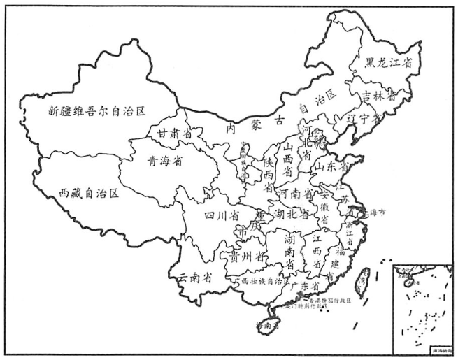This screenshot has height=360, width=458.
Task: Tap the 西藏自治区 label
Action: [89, 192]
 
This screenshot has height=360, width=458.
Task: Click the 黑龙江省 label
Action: [388, 63]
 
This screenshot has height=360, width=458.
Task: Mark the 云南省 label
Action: [195, 277]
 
